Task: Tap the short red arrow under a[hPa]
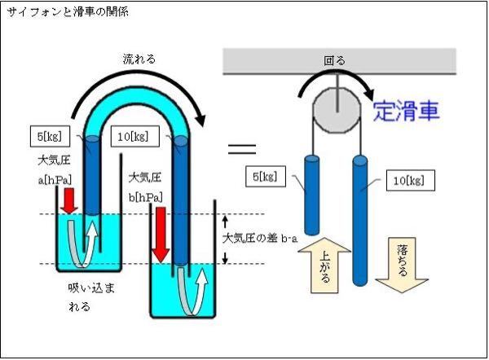[x=68, y=199]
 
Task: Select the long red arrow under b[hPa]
[x=161, y=233]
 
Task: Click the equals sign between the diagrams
[x=241, y=149]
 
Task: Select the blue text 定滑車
[x=407, y=112]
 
